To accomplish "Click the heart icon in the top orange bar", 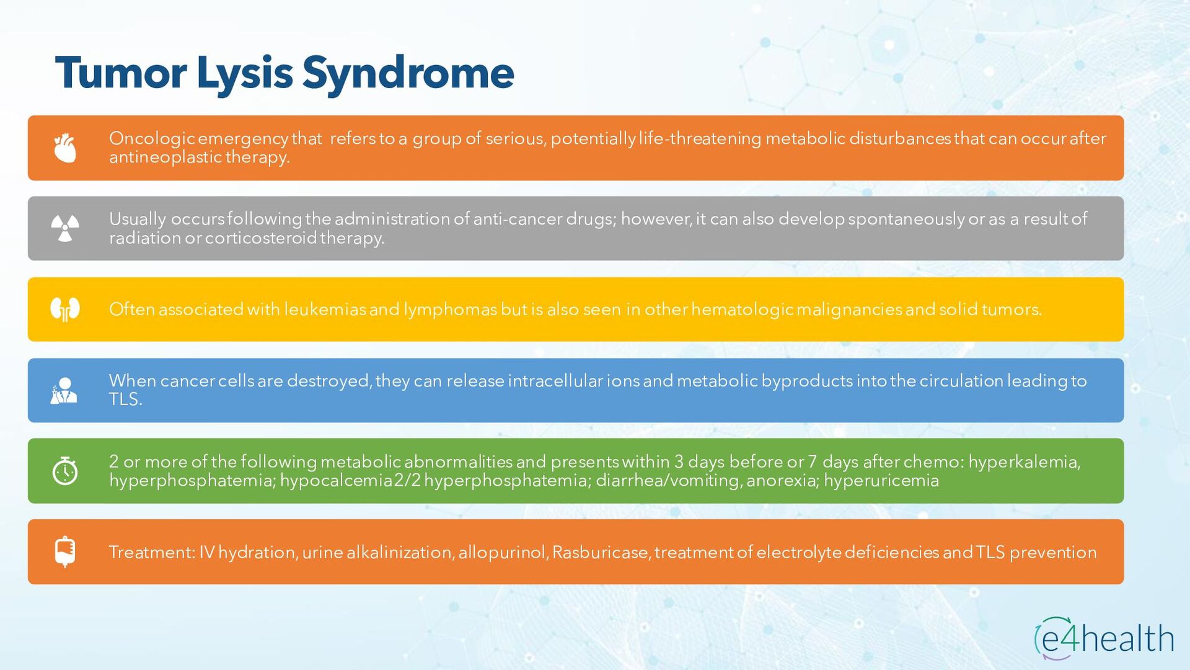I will (65, 148).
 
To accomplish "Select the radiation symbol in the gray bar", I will (65, 228).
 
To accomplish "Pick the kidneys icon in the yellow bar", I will (65, 309).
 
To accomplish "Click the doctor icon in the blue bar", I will (64, 391).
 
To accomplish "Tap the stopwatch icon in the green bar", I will (65, 471).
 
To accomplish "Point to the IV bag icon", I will (65, 552).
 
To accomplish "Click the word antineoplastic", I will (165, 157).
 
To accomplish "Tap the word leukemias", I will (325, 309).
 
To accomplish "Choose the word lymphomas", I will (451, 309).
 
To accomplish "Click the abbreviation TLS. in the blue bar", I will (126, 400).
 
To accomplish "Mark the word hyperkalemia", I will (1024, 462).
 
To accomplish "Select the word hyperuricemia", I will (881, 481).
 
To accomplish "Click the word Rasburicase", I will (601, 552).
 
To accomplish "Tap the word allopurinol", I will (503, 552).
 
